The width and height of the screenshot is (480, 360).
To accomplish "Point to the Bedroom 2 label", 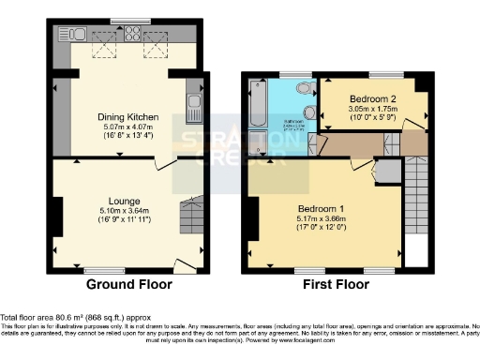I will [370, 98].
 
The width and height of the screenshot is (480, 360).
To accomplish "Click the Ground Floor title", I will [127, 284].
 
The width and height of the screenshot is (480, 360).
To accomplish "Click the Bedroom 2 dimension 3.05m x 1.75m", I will [370, 109].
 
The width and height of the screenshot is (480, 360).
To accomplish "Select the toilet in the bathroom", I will [302, 90].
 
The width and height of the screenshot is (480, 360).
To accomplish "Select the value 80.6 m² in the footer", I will [58, 317].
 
